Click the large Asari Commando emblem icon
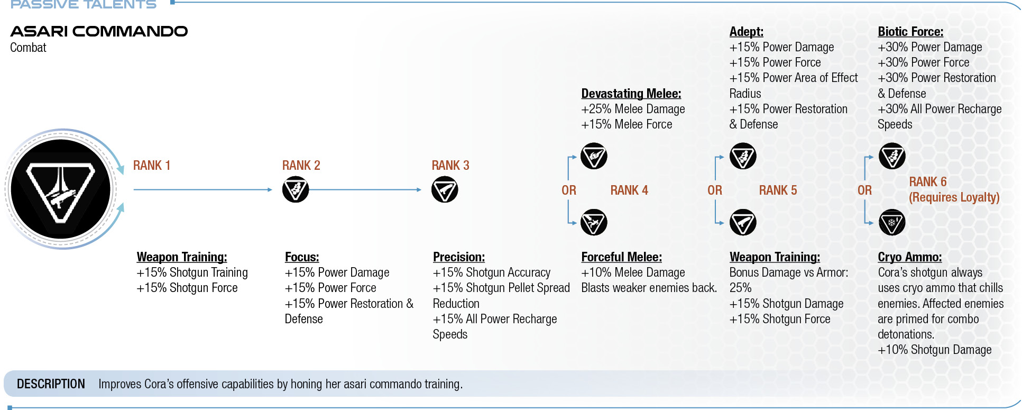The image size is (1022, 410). coord(61,189)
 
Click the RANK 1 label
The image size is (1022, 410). coord(152,166)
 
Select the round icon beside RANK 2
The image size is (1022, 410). coord(296,189)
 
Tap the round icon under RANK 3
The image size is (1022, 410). coord(445,189)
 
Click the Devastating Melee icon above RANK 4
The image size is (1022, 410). coord(594,156)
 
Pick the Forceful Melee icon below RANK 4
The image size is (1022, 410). coord(594,222)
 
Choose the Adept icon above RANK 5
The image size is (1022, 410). coord(743,156)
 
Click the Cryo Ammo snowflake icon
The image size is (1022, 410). coord(892,222)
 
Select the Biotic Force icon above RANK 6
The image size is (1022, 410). coord(892,156)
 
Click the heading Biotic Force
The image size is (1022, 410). coord(910,32)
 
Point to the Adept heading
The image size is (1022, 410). coord(747,32)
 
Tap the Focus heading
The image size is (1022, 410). coord(302,257)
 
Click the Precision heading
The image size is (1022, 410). coord(459,257)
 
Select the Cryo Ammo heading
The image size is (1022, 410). coord(910,257)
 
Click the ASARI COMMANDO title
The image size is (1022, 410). coord(99,31)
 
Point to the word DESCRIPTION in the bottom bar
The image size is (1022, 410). coord(51,384)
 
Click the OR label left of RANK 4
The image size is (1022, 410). coord(569,190)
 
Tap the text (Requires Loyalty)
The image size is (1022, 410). coord(954,197)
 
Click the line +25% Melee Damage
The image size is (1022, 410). coord(633,109)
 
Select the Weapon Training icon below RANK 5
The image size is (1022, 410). coord(743,222)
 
